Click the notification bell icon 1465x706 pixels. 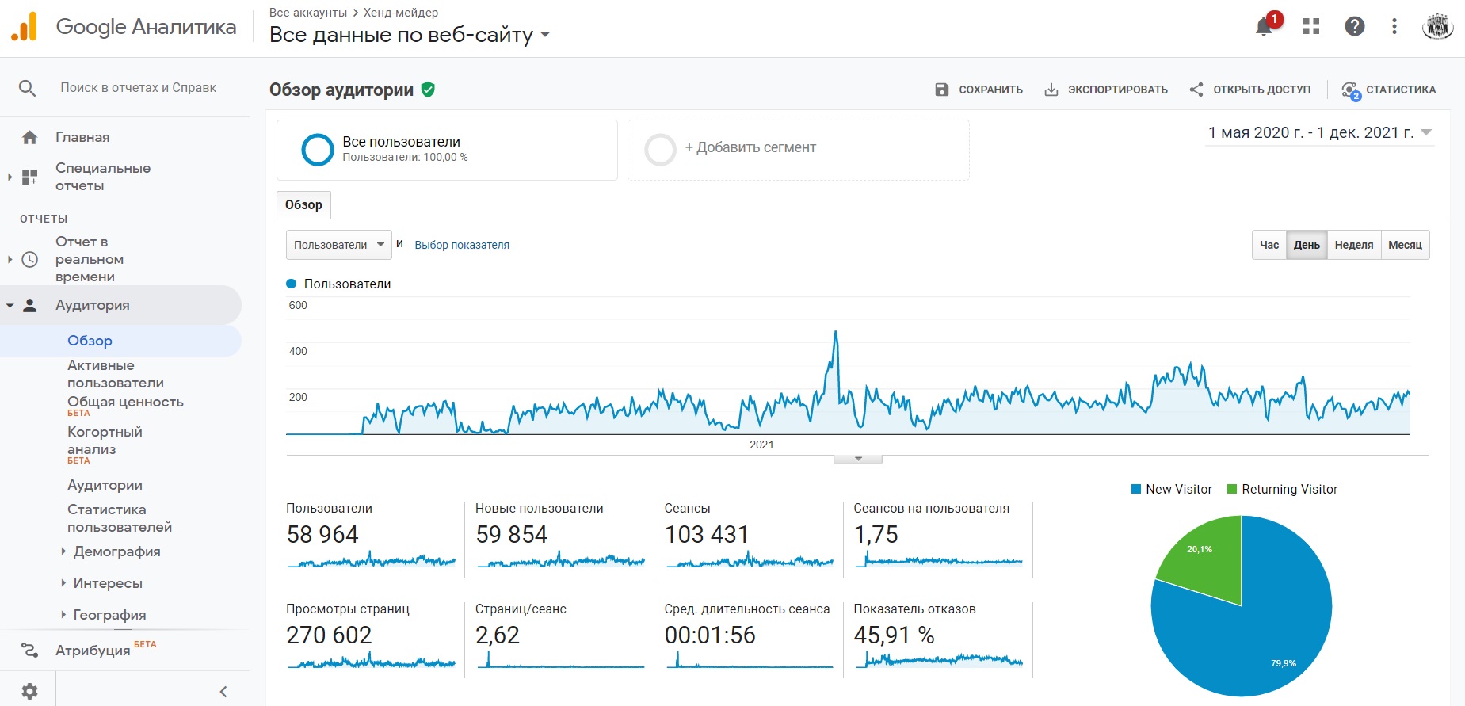pyautogui.click(x=1264, y=27)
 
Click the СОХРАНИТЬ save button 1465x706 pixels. pyautogui.click(x=979, y=90)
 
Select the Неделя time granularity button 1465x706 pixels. pyautogui.click(x=1353, y=245)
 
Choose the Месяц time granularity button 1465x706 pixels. pyautogui.click(x=1405, y=245)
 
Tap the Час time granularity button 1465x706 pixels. pyautogui.click(x=1269, y=245)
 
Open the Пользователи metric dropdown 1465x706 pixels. pyautogui.click(x=338, y=245)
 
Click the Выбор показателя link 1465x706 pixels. pyautogui.click(x=462, y=245)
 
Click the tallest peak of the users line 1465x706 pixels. pyautogui.click(x=836, y=332)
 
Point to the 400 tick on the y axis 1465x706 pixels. pyautogui.click(x=298, y=351)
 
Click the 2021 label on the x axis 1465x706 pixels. pyautogui.click(x=761, y=445)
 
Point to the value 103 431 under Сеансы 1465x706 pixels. pyautogui.click(x=707, y=535)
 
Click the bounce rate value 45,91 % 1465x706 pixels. pyautogui.click(x=894, y=635)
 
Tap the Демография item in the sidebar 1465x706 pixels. pyautogui.click(x=116, y=551)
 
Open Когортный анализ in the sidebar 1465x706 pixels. pyautogui.click(x=105, y=441)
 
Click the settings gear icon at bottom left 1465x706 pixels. pyautogui.click(x=29, y=691)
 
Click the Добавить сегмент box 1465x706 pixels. pyautogui.click(x=799, y=150)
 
